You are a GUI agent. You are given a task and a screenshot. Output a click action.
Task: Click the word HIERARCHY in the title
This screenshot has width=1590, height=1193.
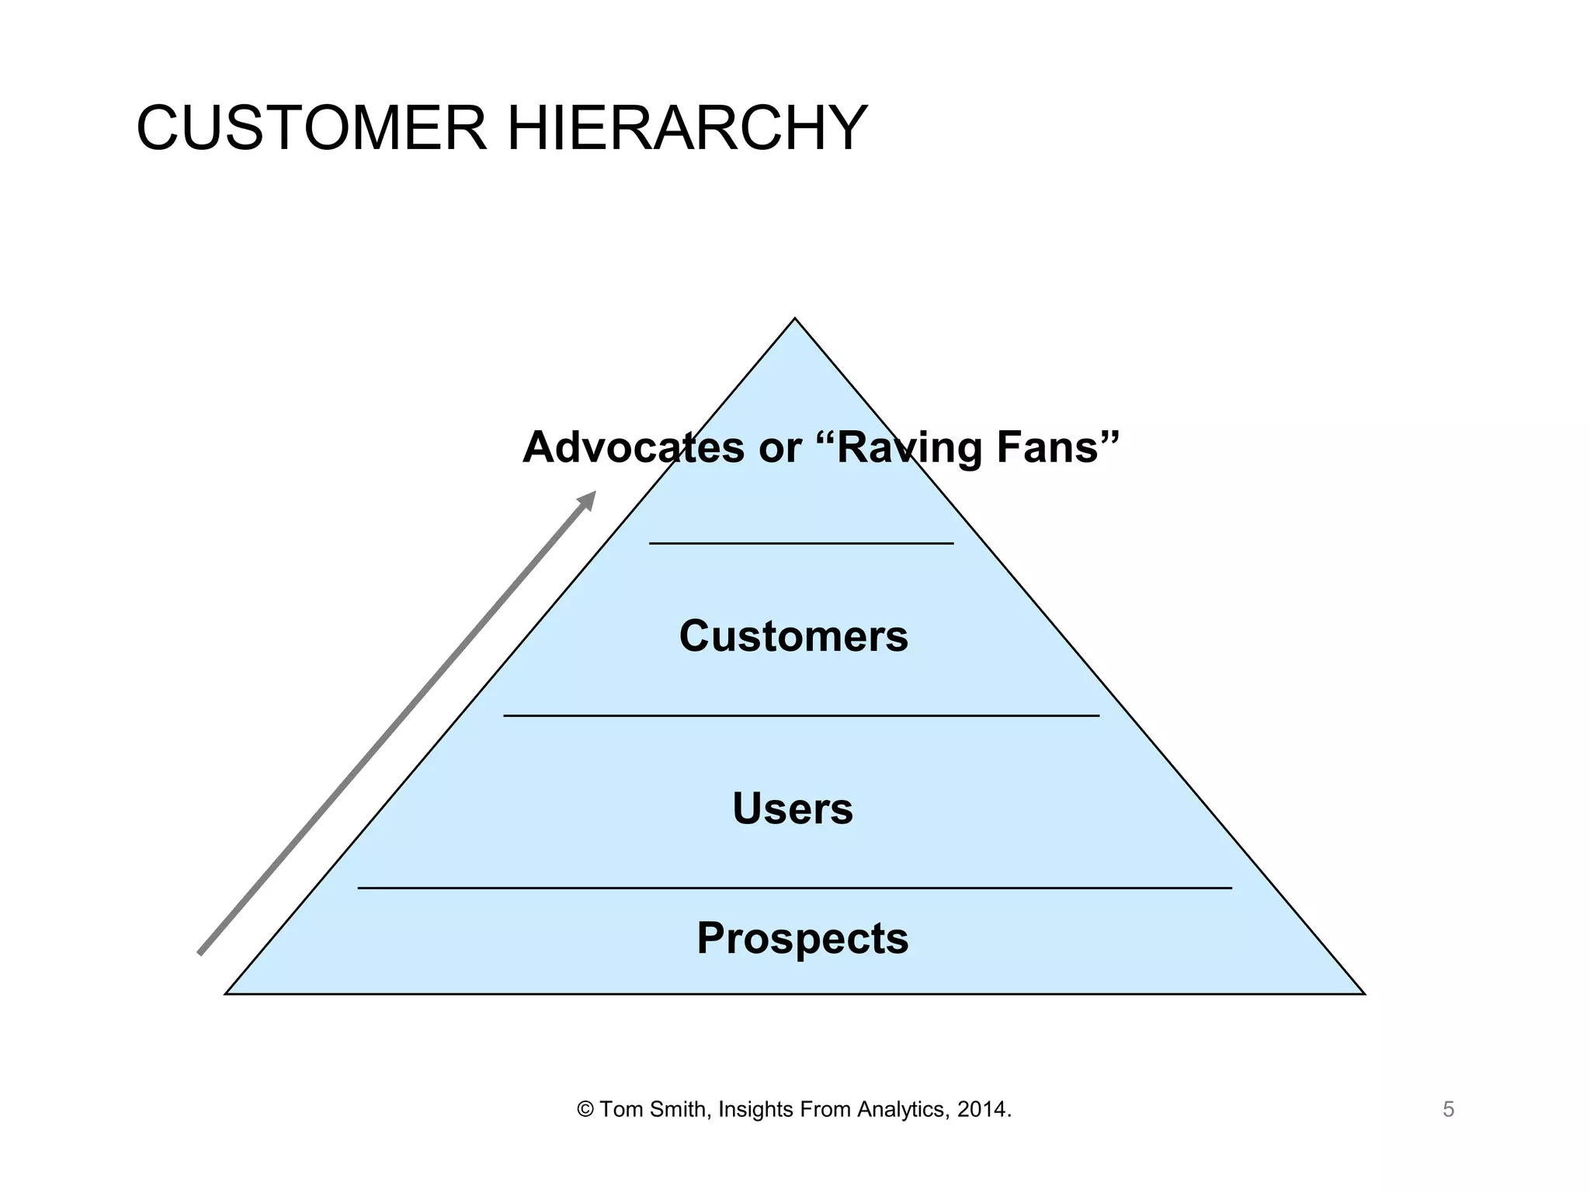coord(687,128)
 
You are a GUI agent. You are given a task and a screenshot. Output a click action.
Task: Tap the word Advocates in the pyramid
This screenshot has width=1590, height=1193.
coord(633,447)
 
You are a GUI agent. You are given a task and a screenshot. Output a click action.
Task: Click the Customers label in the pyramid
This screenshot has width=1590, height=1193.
coord(793,636)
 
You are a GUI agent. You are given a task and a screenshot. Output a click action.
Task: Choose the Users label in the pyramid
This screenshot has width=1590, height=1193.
coord(793,809)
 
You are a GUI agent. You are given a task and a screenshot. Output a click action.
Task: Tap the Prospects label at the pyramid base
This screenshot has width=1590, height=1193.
coord(802,938)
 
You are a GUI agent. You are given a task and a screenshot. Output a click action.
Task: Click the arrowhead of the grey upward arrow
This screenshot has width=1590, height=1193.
coord(588,499)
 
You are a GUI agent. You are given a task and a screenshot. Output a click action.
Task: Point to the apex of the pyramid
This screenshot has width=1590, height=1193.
coord(794,320)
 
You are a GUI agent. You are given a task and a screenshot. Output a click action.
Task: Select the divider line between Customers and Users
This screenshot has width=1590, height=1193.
coord(801,715)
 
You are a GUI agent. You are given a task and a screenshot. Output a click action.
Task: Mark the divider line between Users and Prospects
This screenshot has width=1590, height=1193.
coord(794,887)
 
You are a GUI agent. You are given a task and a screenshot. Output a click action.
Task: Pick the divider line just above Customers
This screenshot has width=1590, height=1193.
coord(801,544)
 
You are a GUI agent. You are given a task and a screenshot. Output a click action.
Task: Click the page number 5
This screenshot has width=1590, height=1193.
coord(1448,1110)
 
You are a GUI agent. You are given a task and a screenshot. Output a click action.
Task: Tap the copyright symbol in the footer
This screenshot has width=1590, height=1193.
coord(585,1110)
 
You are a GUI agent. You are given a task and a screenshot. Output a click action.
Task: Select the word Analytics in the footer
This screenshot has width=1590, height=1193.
coord(902,1110)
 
